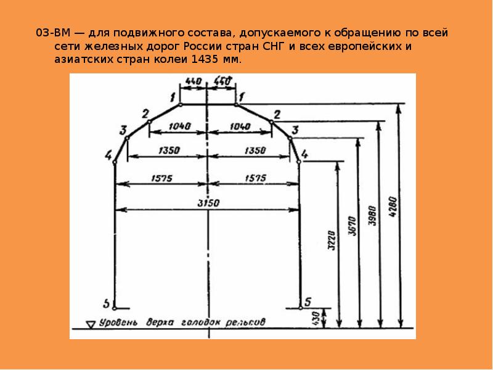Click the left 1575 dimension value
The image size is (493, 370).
click(161, 178)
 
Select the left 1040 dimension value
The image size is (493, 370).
click(179, 125)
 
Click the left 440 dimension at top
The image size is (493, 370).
click(194, 81)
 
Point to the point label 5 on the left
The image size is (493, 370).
click(107, 304)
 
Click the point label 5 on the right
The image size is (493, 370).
click(308, 302)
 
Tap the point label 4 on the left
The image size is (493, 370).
click(108, 154)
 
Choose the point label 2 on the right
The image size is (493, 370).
click(277, 114)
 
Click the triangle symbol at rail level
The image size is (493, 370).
click(92, 323)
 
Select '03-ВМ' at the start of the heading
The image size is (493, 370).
click(50, 33)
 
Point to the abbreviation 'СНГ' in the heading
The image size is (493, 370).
click(266, 47)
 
